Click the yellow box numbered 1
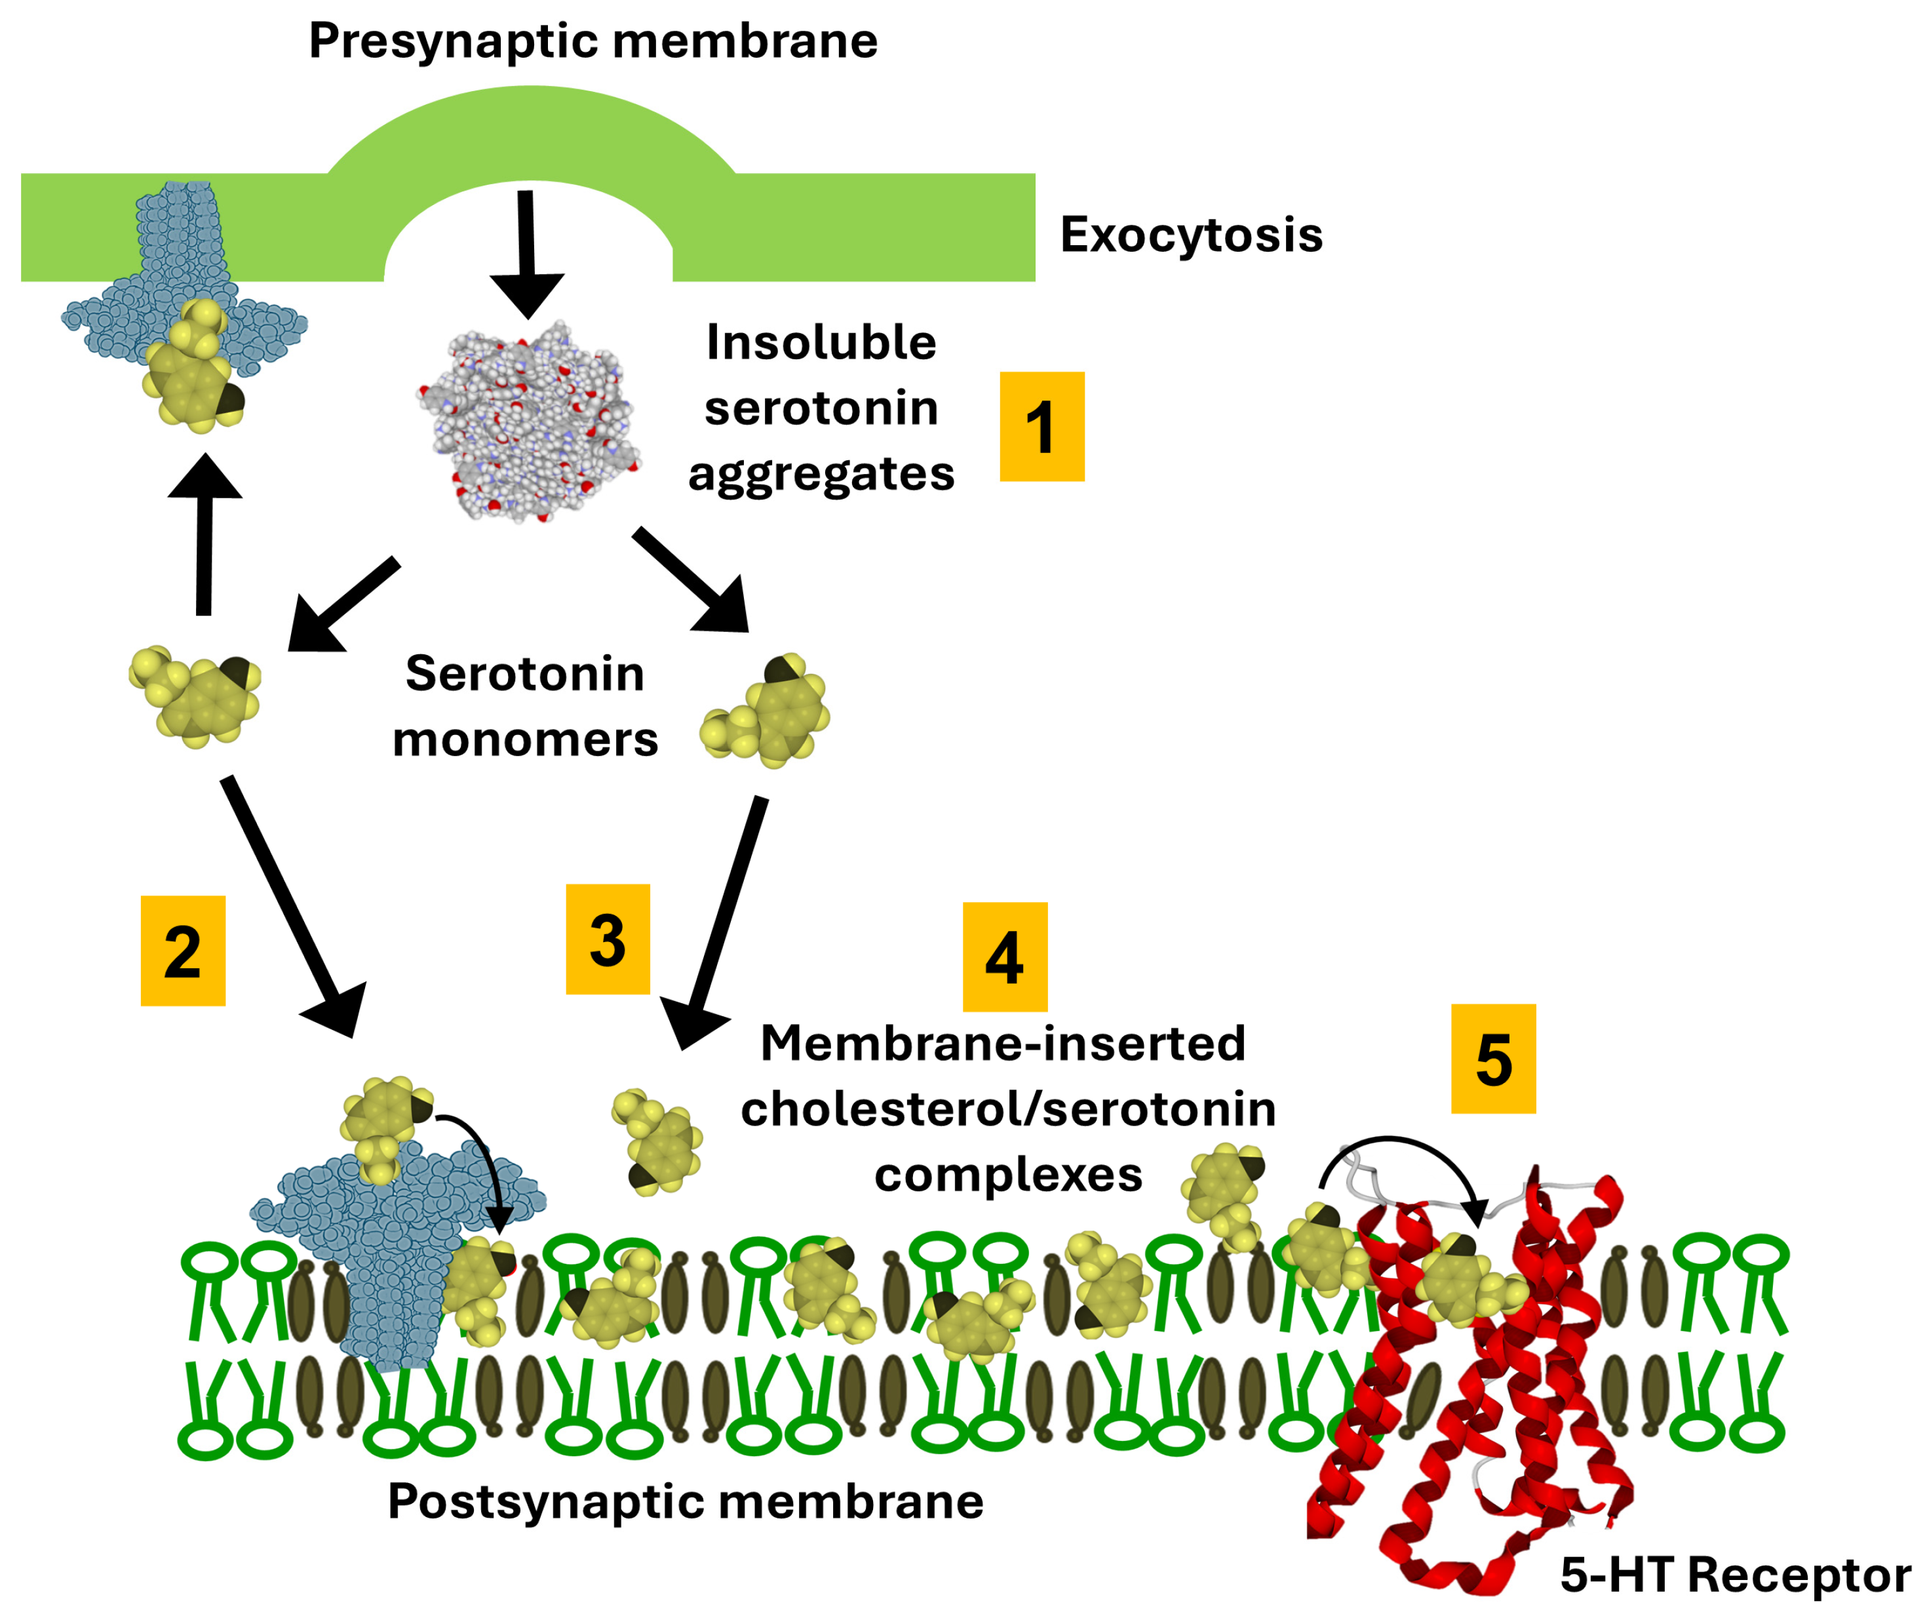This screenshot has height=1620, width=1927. point(1041,426)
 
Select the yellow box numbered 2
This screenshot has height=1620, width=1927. point(183,951)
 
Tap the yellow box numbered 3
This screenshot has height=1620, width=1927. point(608,939)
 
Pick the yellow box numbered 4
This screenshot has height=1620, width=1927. point(1004,957)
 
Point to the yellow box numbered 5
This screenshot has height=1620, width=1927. point(1492,1059)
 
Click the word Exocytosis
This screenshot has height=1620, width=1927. point(1191,235)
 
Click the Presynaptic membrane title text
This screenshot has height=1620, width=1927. point(593,41)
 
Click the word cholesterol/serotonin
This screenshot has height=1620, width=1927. point(1008,1109)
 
